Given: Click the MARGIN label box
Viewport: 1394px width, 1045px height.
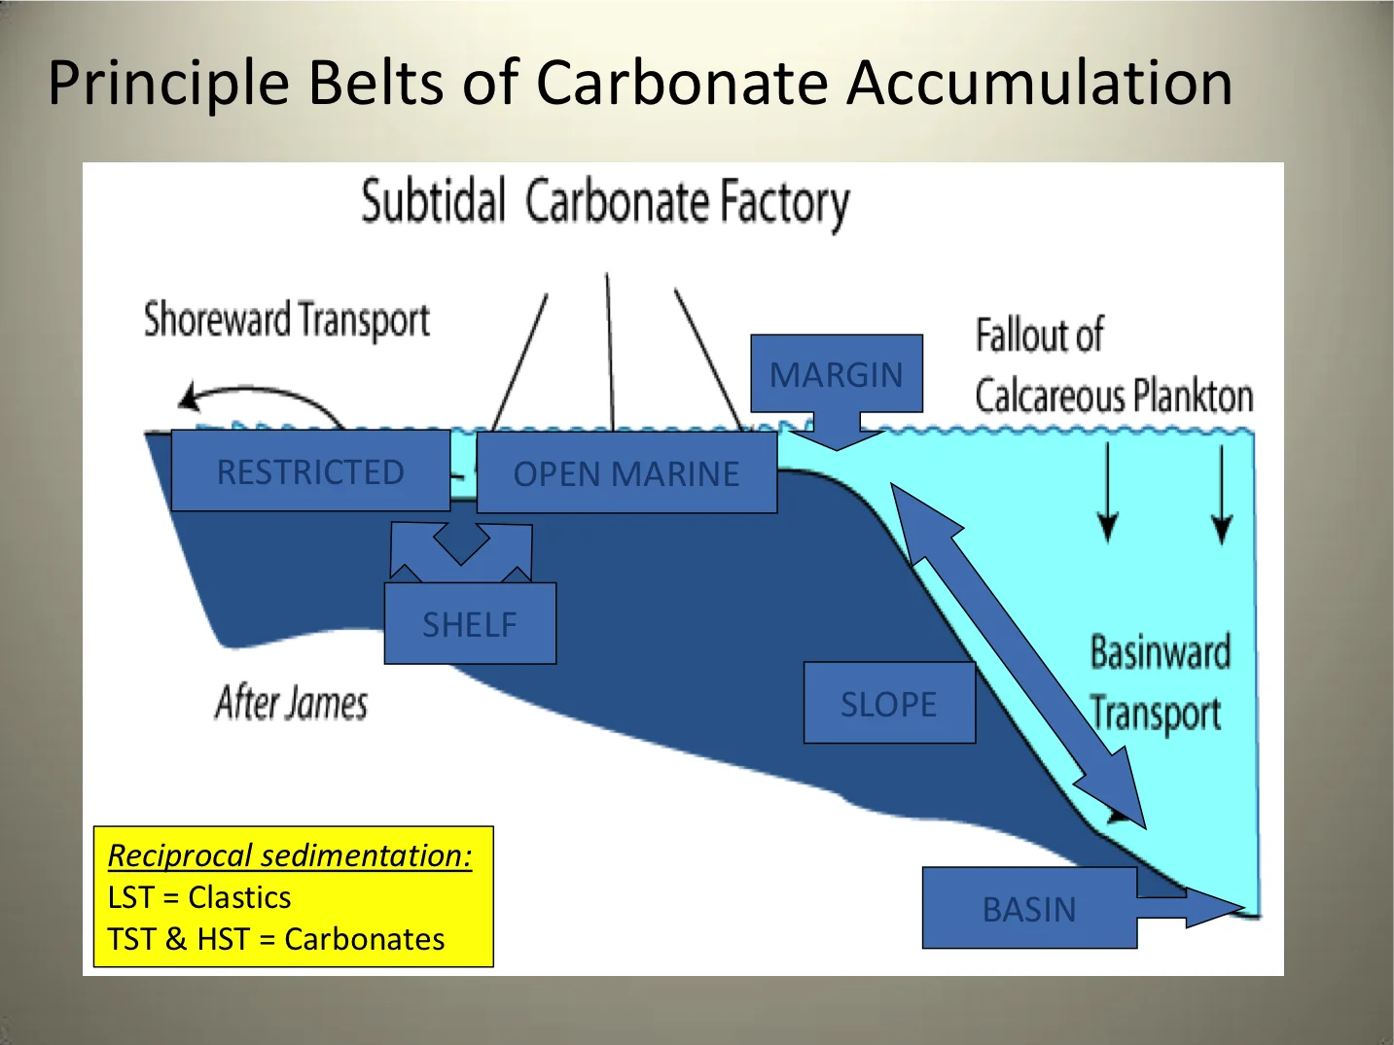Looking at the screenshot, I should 836,374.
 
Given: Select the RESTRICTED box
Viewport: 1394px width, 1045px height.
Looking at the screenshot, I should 310,471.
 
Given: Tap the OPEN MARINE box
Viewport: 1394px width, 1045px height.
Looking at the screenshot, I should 626,473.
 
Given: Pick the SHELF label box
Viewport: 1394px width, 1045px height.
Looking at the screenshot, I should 470,624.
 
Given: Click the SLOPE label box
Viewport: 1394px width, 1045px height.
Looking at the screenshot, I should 888,704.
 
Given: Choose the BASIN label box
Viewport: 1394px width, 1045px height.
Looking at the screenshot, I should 1028,909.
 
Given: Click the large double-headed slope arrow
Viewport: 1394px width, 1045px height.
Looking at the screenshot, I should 1017,656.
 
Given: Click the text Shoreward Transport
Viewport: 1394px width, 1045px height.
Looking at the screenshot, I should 286,320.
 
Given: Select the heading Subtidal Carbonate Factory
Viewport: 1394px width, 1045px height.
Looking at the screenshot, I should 605,202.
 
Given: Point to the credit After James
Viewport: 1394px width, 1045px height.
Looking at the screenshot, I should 291,702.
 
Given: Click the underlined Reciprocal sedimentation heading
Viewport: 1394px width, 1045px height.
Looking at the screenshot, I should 290,855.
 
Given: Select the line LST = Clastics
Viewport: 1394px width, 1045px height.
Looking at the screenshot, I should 199,897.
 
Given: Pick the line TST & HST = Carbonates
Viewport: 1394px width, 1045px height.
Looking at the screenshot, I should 276,939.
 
